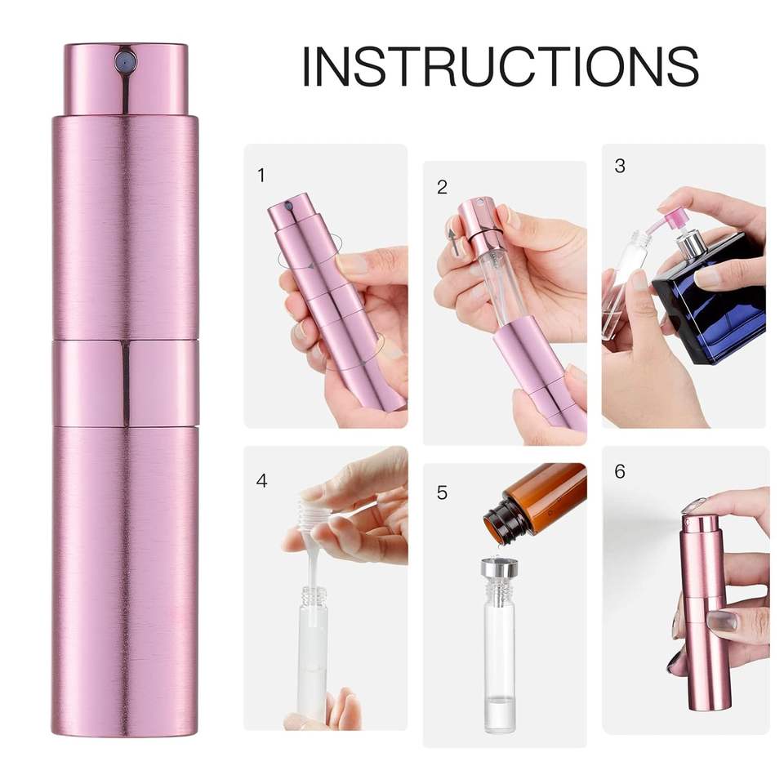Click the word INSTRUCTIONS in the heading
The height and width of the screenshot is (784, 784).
pos(501,66)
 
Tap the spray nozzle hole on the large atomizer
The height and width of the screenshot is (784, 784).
pos(125,62)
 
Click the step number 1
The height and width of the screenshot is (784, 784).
pos(261,176)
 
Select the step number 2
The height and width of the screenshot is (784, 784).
pos(442,187)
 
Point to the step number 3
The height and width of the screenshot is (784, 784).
pos(620,166)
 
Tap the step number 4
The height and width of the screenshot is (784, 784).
pos(261,480)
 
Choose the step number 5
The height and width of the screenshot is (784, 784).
pos(442,492)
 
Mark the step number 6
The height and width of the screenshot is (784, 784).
pos(620,471)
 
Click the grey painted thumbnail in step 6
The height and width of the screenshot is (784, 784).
pos(721,621)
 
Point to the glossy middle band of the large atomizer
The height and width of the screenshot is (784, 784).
pos(125,382)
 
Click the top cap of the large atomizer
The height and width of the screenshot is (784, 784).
pos(125,79)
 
